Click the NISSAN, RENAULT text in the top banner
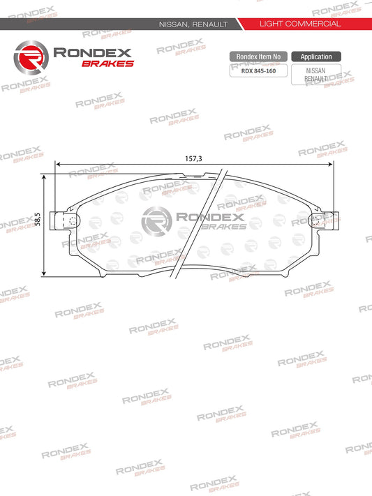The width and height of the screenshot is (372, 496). [x=194, y=24]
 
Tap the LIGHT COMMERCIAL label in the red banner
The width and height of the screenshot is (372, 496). [x=299, y=24]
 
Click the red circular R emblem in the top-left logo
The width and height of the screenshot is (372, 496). [x=31, y=57]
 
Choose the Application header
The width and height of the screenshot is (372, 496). [x=315, y=57]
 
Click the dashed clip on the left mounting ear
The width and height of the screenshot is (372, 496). [x=71, y=223]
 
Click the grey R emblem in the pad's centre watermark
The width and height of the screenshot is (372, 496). [x=153, y=223]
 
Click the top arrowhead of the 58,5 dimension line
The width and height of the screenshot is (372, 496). [x=45, y=178]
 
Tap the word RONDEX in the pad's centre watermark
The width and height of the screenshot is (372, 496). [x=204, y=219]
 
